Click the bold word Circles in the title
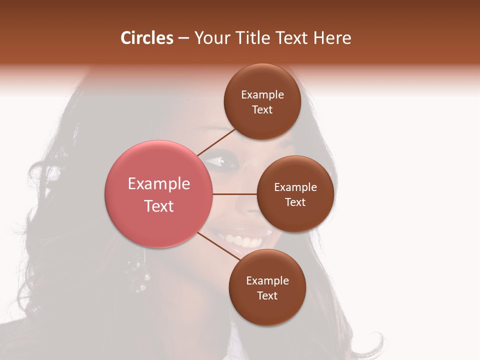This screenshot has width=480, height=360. coord(146,38)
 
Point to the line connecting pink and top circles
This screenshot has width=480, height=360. coord(216,142)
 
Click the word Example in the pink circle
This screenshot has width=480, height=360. coord(159,184)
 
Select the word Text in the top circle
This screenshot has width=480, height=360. coord(262,110)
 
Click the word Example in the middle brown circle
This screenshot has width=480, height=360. coord(295,187)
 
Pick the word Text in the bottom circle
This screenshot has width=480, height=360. coord(267,295)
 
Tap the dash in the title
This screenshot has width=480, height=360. coord(183,38)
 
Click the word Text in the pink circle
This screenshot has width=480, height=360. coord(159,206)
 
